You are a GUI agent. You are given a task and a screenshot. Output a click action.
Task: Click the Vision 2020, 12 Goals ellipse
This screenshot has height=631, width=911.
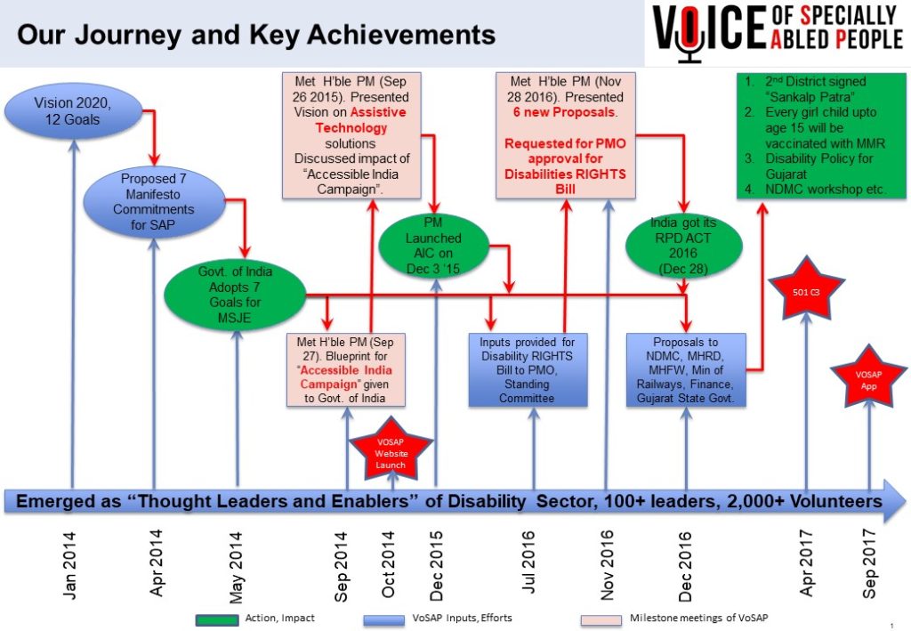tap(73, 111)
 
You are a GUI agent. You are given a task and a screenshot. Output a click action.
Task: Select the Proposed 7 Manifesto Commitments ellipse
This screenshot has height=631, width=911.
tap(154, 202)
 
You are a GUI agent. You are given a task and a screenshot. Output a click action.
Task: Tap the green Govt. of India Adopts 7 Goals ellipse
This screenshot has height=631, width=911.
tap(235, 295)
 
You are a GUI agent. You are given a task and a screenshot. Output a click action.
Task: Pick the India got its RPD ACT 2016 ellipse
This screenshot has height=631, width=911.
tap(684, 247)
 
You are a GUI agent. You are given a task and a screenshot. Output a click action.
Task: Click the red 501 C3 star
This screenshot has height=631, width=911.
tap(806, 290)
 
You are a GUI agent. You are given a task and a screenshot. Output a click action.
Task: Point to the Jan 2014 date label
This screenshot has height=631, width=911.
tap(69, 565)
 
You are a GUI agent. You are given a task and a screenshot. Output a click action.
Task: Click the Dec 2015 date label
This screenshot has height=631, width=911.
tap(436, 565)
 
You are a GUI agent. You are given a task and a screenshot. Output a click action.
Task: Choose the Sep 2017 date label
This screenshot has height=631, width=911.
tap(868, 563)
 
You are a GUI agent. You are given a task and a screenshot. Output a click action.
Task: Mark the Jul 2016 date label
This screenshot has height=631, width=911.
tap(528, 562)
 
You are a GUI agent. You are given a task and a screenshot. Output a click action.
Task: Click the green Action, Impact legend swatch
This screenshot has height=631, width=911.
tap(217, 620)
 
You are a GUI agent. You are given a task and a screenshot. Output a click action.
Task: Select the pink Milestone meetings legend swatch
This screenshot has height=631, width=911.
tap(601, 620)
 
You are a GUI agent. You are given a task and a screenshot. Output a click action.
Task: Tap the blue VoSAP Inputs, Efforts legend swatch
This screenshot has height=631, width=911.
tap(384, 620)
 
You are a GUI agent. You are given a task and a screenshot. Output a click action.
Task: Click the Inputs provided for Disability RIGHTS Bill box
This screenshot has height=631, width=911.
tap(528, 369)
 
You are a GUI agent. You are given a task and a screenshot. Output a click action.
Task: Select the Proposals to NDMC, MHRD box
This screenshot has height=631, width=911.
tap(686, 369)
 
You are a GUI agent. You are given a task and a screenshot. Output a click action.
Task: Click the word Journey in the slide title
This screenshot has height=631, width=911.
tap(128, 36)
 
